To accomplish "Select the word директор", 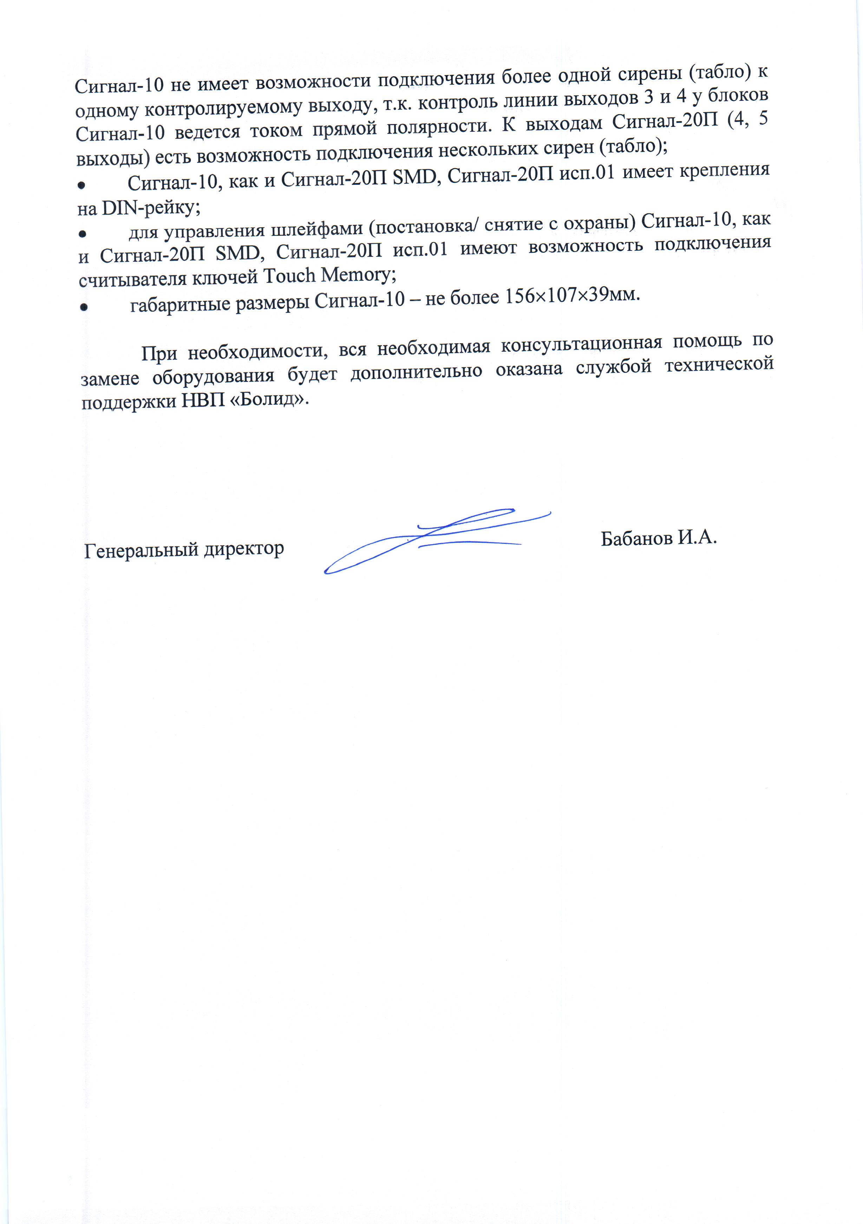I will (x=244, y=548).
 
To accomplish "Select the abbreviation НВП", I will (x=203, y=401).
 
